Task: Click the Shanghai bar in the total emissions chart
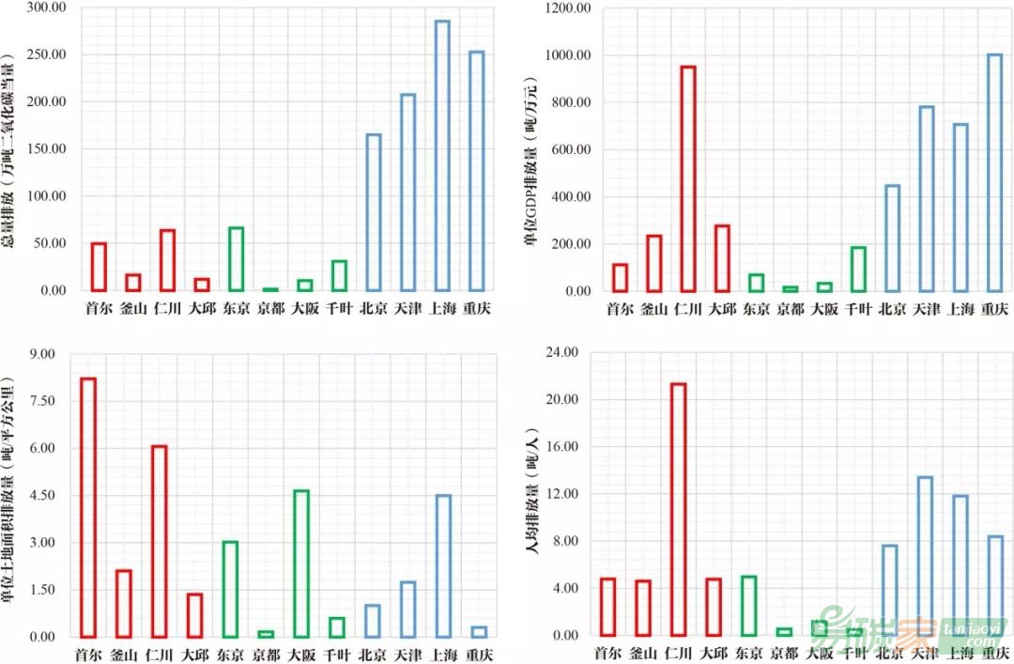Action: pos(442,155)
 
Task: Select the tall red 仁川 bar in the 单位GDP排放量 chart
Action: pos(688,178)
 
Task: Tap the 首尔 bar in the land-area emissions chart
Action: pos(88,507)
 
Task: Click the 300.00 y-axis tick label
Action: pos(46,8)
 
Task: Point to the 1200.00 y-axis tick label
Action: pos(567,8)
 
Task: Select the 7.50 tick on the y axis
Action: pos(40,401)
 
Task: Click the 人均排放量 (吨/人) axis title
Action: pos(533,494)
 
